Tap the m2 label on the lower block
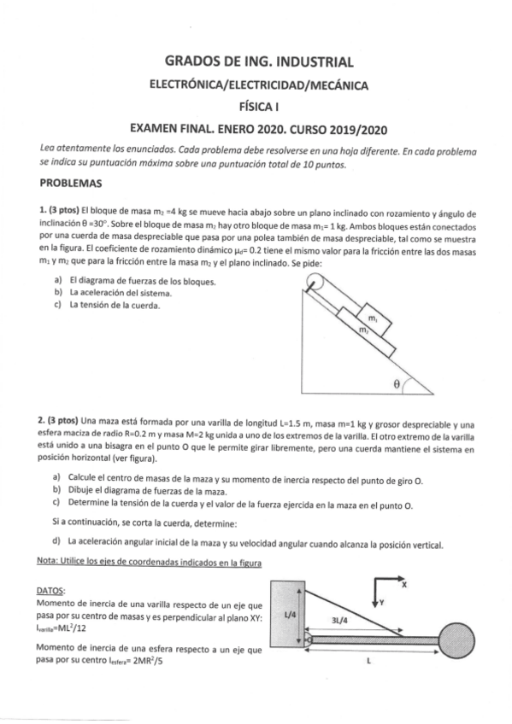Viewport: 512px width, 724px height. coord(363,330)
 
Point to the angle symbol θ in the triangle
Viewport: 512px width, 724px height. coord(397,384)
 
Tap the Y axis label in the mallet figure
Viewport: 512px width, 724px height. coord(382,602)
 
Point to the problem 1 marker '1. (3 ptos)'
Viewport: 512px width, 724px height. coord(58,210)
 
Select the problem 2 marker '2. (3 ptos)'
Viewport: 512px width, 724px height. coord(58,421)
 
